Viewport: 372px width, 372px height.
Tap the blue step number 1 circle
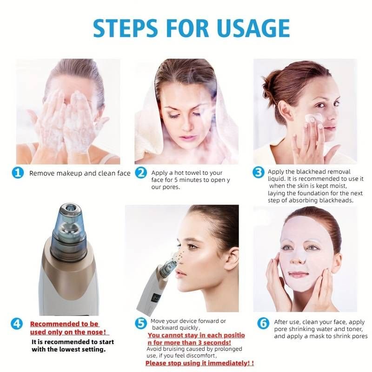[18, 173]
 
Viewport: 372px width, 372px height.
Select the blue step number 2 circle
[141, 173]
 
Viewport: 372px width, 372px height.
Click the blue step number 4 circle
[18, 323]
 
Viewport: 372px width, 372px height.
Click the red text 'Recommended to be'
[64, 324]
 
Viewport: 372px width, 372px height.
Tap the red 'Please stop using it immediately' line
[199, 363]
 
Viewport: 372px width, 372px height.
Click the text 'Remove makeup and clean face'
[80, 173]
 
